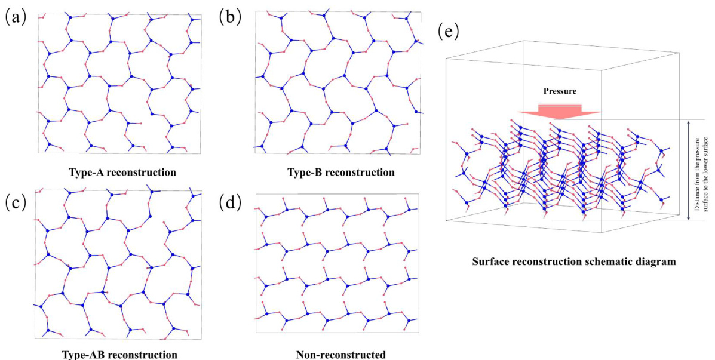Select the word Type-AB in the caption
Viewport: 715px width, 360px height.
coord(81,354)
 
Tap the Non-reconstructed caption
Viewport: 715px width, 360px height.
coord(340,354)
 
